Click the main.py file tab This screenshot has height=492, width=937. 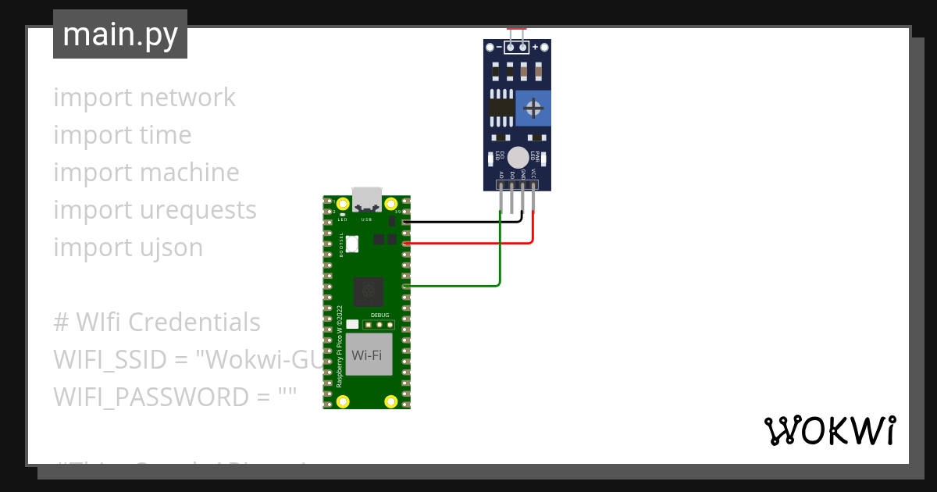click(120, 34)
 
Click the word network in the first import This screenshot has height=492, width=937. click(187, 98)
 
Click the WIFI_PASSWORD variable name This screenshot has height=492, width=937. click(151, 398)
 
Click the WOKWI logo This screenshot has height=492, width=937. click(829, 430)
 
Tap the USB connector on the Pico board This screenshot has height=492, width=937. click(366, 200)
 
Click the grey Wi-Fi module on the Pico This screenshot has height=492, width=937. click(369, 355)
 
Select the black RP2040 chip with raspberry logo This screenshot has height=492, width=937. click(368, 292)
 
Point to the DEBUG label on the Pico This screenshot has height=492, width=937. click(379, 315)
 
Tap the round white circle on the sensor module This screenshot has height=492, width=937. click(517, 156)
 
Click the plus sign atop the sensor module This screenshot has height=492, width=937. click(536, 48)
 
